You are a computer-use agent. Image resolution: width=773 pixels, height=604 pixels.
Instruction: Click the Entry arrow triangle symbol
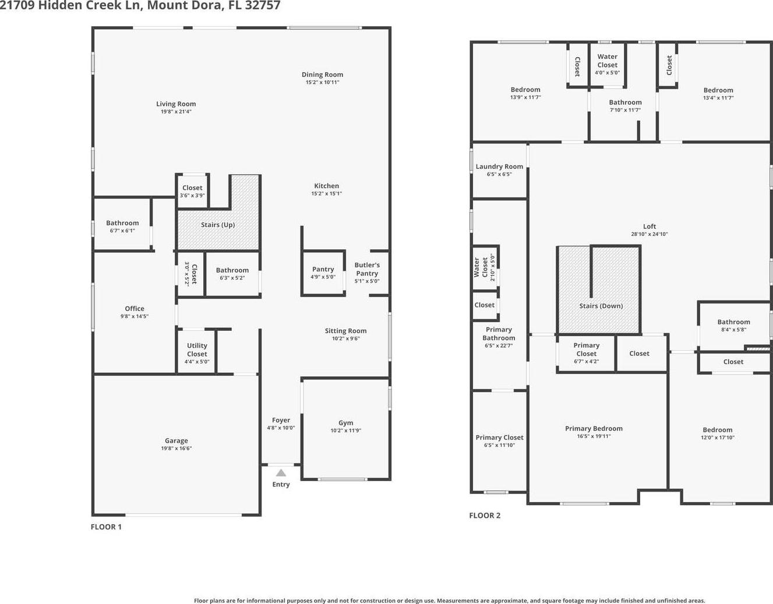pyautogui.click(x=281, y=473)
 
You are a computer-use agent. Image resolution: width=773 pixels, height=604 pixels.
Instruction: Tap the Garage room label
pyautogui.click(x=177, y=440)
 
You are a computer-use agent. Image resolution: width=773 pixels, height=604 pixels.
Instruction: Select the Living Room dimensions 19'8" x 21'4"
pyautogui.click(x=176, y=112)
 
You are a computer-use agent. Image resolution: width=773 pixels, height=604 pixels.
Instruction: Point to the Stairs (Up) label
pyautogui.click(x=218, y=225)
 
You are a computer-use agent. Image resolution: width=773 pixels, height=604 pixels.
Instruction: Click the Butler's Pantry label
pyautogui.click(x=367, y=269)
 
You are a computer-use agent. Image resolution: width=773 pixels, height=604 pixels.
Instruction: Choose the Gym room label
pyautogui.click(x=346, y=423)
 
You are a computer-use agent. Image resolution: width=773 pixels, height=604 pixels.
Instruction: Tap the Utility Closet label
pyautogui.click(x=197, y=349)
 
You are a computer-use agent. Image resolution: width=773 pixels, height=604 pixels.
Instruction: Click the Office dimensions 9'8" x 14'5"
pyautogui.click(x=135, y=316)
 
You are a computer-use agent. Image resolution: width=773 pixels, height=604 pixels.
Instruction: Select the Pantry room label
pyautogui.click(x=323, y=269)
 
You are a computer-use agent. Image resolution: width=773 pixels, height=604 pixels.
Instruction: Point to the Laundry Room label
pyautogui.click(x=499, y=167)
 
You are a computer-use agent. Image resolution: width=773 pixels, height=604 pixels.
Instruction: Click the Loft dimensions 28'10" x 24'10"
pyautogui.click(x=650, y=234)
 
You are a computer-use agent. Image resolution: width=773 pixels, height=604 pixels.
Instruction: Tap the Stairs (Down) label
pyautogui.click(x=601, y=306)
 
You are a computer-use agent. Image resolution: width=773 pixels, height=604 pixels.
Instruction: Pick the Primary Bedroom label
pyautogui.click(x=594, y=429)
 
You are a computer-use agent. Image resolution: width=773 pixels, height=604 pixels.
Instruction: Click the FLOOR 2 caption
pyautogui.click(x=485, y=515)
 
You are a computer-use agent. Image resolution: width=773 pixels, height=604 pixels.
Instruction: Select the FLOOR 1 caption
pyautogui.click(x=106, y=527)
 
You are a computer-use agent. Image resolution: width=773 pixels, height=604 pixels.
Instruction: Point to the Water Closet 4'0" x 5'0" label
pyautogui.click(x=607, y=65)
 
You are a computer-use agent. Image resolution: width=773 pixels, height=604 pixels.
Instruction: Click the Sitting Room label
pyautogui.click(x=346, y=331)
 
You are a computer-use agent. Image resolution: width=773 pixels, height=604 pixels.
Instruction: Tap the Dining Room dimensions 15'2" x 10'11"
pyautogui.click(x=322, y=83)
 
